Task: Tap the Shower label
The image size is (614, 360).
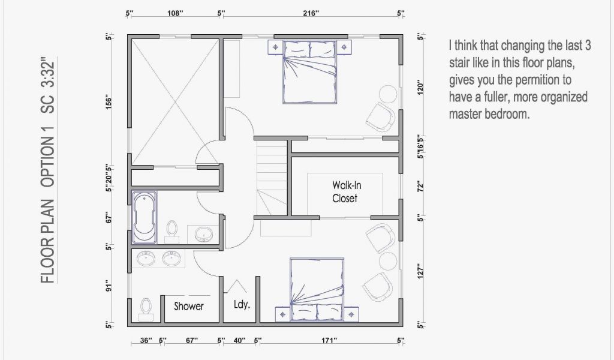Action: pyautogui.click(x=189, y=306)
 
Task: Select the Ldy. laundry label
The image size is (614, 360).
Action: pyautogui.click(x=242, y=304)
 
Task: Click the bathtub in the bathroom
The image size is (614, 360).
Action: pyautogui.click(x=144, y=217)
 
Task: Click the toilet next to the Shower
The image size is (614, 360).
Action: pyautogui.click(x=146, y=310)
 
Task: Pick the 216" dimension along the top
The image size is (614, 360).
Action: pyautogui.click(x=311, y=13)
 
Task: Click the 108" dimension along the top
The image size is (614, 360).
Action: pyautogui.click(x=176, y=13)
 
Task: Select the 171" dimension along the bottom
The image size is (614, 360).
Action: pyautogui.click(x=329, y=340)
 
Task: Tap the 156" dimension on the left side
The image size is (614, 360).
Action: pyautogui.click(x=109, y=102)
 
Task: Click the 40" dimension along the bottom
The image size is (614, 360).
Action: pyautogui.click(x=239, y=340)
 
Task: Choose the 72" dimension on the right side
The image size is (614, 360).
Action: pyautogui.click(x=420, y=187)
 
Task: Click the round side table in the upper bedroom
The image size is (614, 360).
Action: pyautogui.click(x=388, y=94)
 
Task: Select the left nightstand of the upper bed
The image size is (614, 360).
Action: pyautogui.click(x=276, y=47)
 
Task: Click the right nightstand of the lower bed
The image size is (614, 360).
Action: pyautogui.click(x=351, y=314)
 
